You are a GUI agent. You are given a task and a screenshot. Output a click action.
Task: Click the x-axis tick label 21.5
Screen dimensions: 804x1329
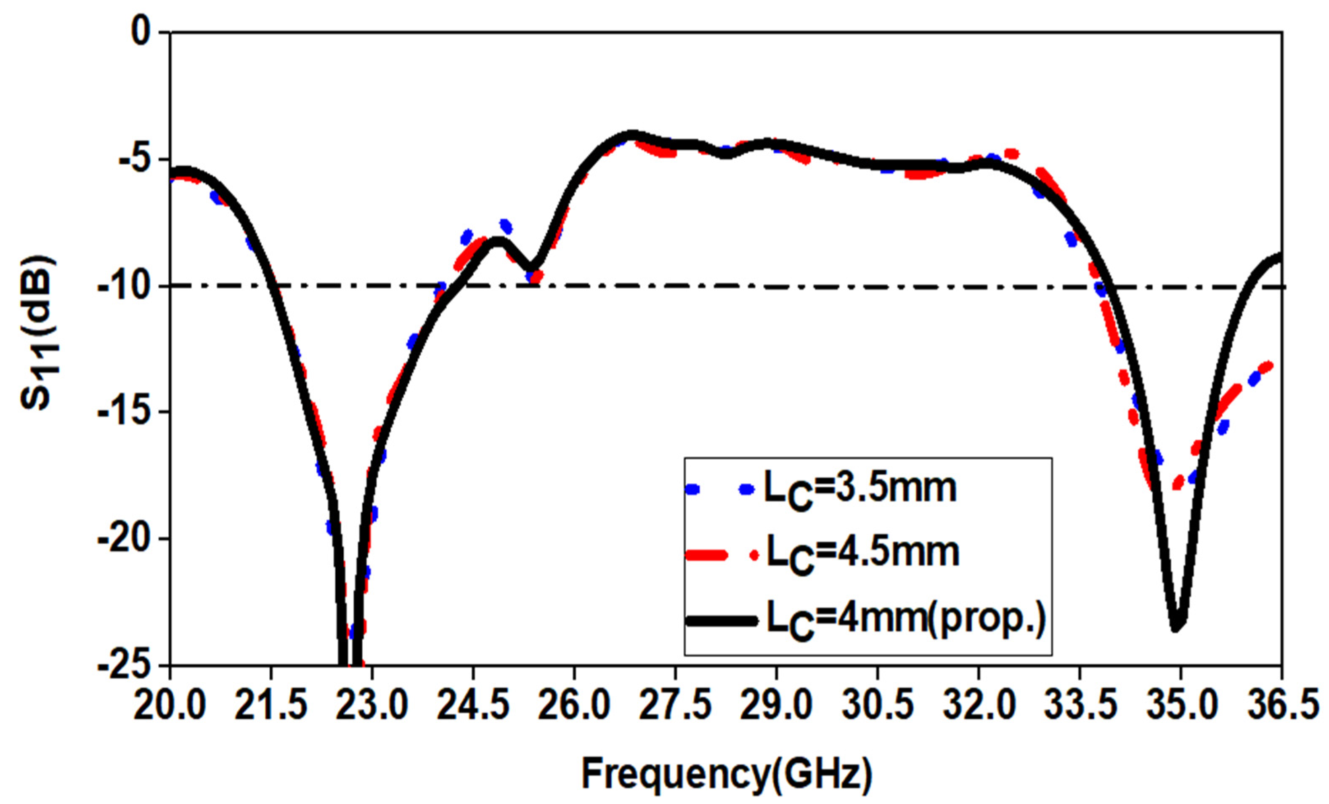pos(271,707)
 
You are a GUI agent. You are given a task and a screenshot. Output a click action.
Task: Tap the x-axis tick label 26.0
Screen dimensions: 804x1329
pos(574,707)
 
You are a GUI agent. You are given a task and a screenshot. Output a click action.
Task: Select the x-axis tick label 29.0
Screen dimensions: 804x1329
pos(776,707)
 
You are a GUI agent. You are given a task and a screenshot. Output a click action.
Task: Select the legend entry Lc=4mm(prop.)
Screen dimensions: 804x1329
pos(906,620)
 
